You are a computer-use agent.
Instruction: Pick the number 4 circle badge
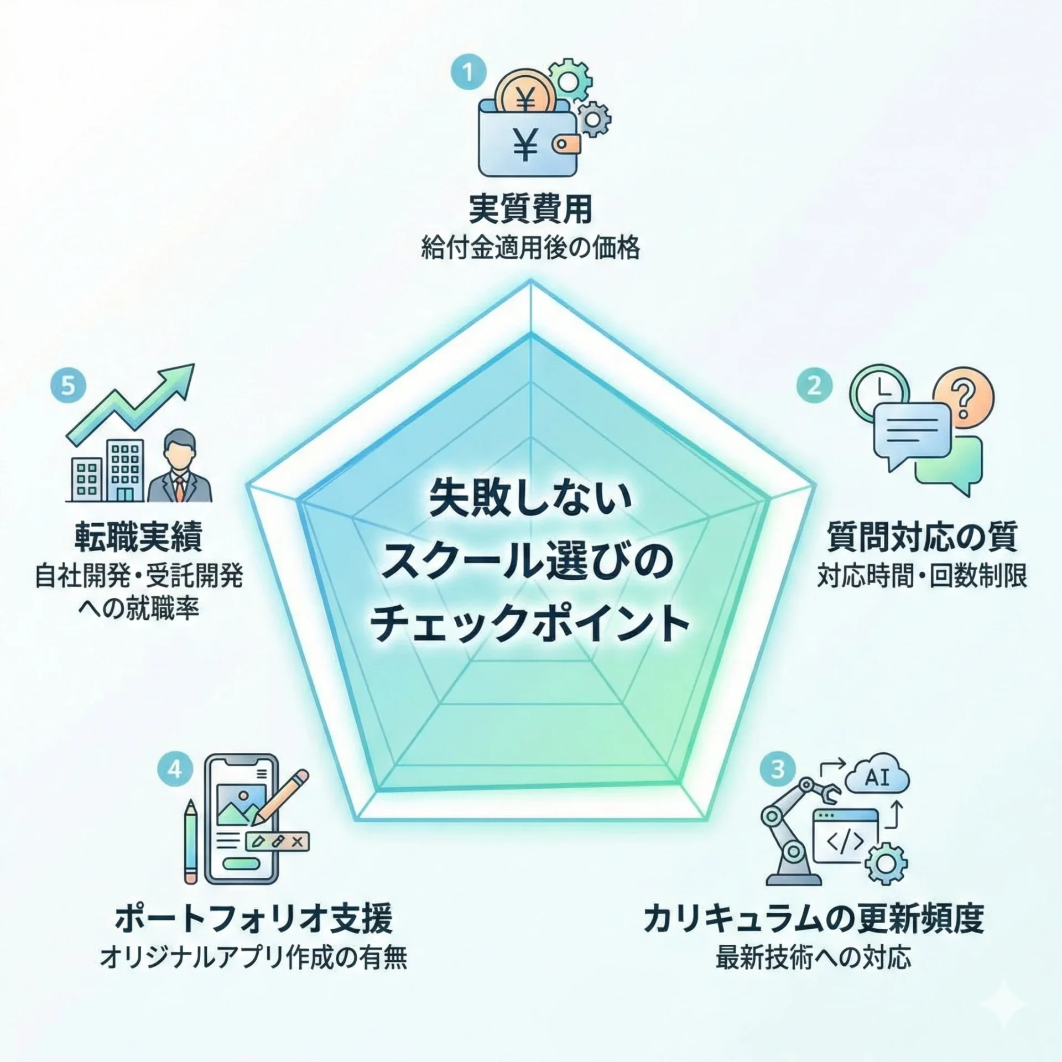pyautogui.click(x=175, y=769)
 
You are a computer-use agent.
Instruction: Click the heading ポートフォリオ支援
pyautogui.click(x=254, y=919)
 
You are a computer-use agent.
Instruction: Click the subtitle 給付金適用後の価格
pyautogui.click(x=530, y=248)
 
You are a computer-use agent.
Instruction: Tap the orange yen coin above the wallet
pyautogui.click(x=524, y=98)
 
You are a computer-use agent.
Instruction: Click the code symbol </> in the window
pyautogui.click(x=844, y=841)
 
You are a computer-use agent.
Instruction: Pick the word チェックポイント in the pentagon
pyautogui.click(x=530, y=623)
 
